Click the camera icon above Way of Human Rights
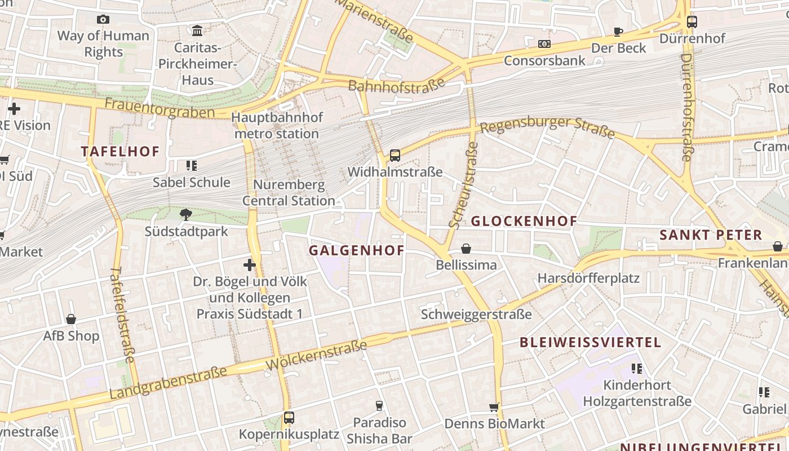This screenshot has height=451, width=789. pyautogui.click(x=103, y=20)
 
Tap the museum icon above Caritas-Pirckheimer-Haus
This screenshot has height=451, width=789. pyautogui.click(x=197, y=30)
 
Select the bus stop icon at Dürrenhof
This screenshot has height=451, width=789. pyautogui.click(x=692, y=22)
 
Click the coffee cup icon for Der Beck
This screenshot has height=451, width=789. pyautogui.click(x=618, y=32)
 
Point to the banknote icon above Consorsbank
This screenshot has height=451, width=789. pyautogui.click(x=544, y=43)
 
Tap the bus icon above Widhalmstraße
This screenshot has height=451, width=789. pyautogui.click(x=394, y=155)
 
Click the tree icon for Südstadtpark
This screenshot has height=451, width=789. pyautogui.click(x=186, y=214)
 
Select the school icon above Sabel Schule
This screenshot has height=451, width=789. pyautogui.click(x=192, y=166)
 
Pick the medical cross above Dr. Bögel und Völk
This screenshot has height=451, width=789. pyautogui.click(x=249, y=264)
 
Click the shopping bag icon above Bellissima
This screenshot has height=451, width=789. pyautogui.click(x=466, y=249)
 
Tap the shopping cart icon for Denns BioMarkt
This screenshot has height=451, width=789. pyautogui.click(x=494, y=407)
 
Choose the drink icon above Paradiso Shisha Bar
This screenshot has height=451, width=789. pyautogui.click(x=379, y=406)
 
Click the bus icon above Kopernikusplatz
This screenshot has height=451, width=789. pyautogui.click(x=289, y=418)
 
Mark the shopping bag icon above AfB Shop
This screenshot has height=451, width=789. pyautogui.click(x=71, y=319)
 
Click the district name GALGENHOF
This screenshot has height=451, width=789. pyautogui.click(x=357, y=250)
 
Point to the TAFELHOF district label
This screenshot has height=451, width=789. pyautogui.click(x=120, y=151)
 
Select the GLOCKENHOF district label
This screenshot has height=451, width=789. pyautogui.click(x=524, y=221)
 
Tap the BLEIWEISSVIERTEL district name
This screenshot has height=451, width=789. pyautogui.click(x=590, y=342)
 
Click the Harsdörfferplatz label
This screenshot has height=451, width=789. pyautogui.click(x=588, y=278)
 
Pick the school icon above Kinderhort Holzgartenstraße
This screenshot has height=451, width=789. pyautogui.click(x=637, y=369)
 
